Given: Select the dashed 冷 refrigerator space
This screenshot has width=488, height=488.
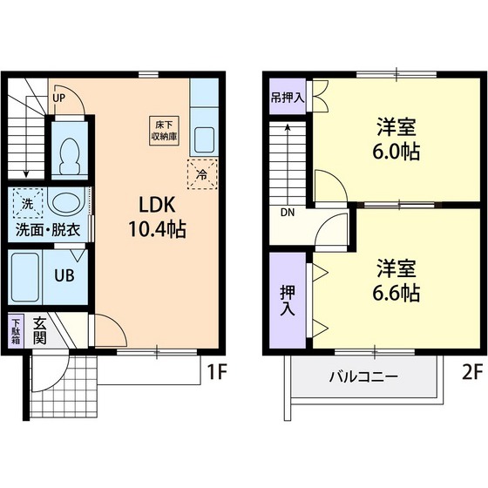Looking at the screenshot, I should coord(201,174).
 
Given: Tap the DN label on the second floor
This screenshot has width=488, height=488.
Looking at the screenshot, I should coord(288,212).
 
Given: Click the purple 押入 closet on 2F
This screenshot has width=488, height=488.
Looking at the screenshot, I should coord(287,299).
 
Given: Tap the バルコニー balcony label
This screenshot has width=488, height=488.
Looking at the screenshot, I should coord(363,377).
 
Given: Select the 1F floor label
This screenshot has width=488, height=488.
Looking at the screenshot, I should coord(217,374).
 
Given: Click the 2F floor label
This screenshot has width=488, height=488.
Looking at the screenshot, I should coord(471,374).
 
